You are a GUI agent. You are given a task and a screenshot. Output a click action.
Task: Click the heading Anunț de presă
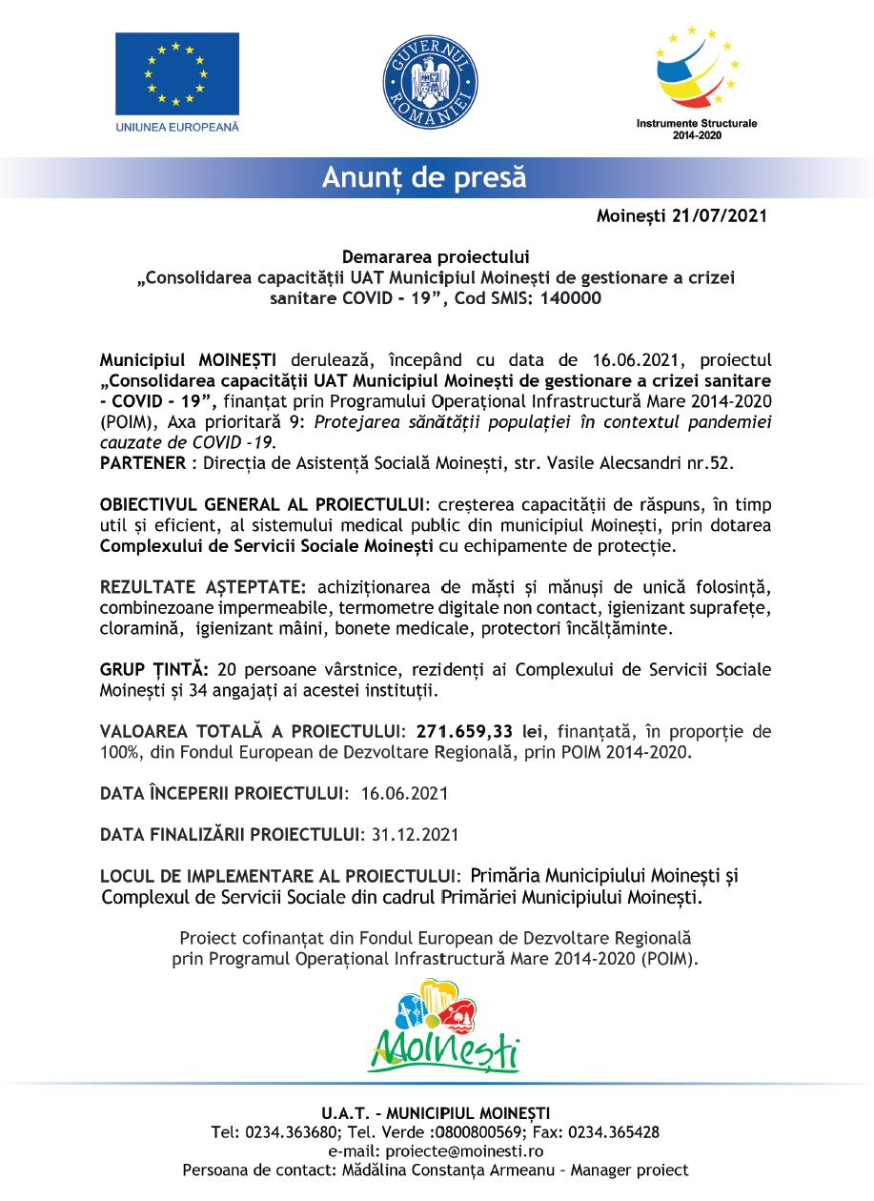tap(423, 177)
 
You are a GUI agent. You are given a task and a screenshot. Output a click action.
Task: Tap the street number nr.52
tap(712, 463)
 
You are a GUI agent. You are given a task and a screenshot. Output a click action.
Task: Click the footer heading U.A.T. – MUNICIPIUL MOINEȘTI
tap(436, 1112)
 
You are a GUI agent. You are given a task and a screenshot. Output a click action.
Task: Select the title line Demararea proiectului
tap(436, 256)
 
